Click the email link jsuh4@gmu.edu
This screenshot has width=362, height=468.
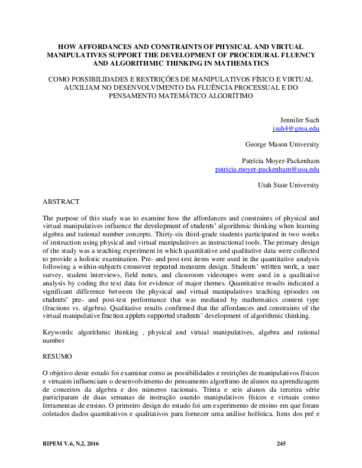(296, 128)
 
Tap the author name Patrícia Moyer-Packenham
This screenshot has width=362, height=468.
(281, 161)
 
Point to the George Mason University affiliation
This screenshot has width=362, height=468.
(282, 144)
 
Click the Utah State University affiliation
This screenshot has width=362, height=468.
(289, 186)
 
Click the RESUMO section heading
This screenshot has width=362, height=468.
(57, 357)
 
